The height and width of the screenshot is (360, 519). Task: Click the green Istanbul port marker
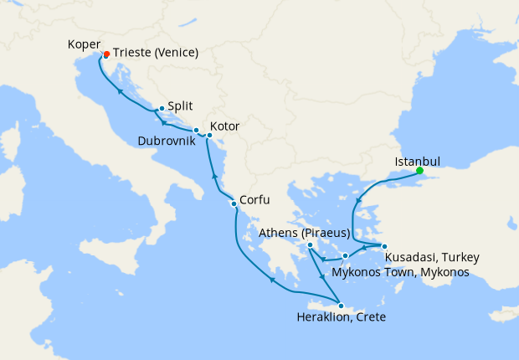(x=419, y=172)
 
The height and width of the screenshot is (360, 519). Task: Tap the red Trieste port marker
(x=105, y=55)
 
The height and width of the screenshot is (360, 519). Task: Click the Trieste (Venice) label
(x=156, y=53)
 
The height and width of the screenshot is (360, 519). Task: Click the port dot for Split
(x=161, y=109)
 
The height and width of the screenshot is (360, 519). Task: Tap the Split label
(x=181, y=106)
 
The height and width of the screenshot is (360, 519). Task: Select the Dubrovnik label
(x=168, y=142)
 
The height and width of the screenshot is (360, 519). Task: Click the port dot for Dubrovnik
(x=196, y=131)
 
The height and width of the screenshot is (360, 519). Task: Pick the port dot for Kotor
(x=209, y=135)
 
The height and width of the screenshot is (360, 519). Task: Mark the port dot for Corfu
(x=234, y=203)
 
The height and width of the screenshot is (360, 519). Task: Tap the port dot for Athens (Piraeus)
(x=310, y=245)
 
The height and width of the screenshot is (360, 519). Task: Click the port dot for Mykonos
(x=346, y=255)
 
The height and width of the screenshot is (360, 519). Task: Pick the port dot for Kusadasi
(x=384, y=246)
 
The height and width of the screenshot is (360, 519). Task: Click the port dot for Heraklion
(x=341, y=306)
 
